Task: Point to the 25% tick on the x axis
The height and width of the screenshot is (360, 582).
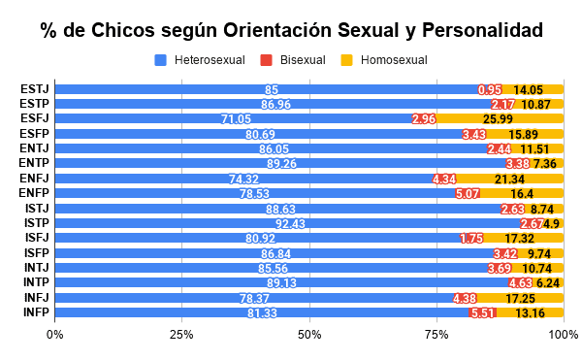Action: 181,335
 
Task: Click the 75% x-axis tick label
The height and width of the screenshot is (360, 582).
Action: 436,335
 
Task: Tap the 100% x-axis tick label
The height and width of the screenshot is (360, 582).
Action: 563,335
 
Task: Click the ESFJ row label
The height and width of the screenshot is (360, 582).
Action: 35,119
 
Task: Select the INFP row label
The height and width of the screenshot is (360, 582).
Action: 35,312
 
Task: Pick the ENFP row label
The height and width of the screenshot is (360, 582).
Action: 35,193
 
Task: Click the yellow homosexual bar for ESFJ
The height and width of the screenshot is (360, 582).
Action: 498,119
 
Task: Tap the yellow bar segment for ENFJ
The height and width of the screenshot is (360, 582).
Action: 509,179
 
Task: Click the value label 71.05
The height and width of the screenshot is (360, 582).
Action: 236,119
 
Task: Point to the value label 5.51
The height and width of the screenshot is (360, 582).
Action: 483,312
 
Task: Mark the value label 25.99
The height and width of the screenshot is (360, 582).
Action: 498,119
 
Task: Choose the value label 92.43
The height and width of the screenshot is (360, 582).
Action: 290,223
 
